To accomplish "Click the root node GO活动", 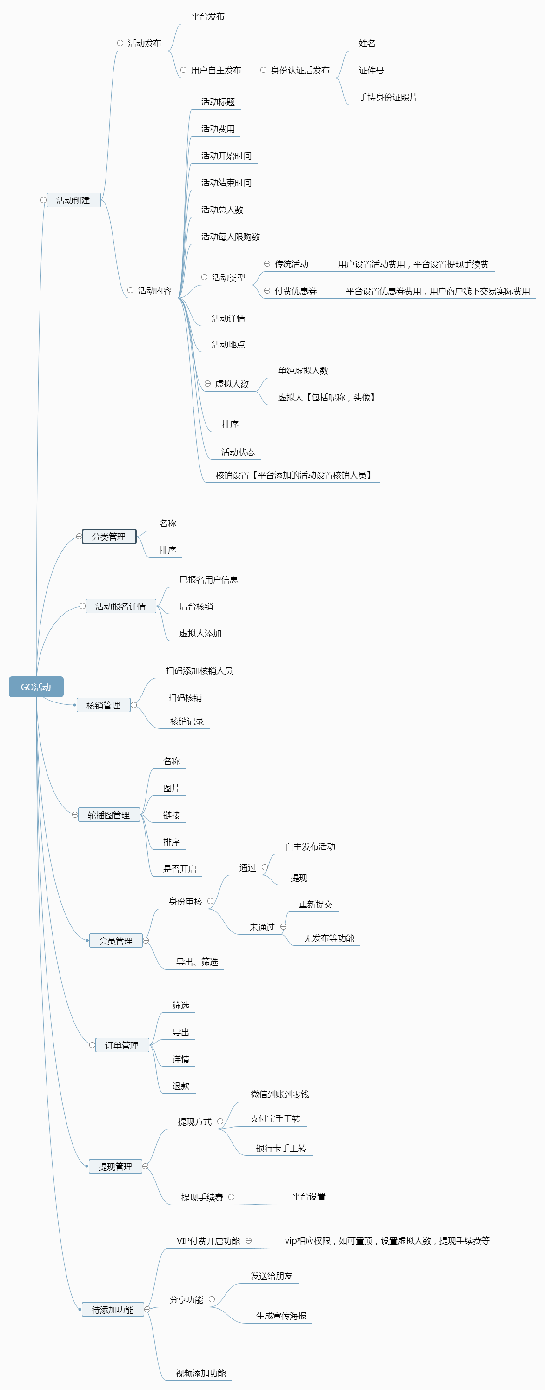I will (x=36, y=687).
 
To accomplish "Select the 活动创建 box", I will (x=73, y=200).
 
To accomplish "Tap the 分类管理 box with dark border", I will (x=108, y=537).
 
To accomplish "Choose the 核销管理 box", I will (x=103, y=705).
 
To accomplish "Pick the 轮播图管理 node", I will (x=108, y=815).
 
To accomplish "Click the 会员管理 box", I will (x=116, y=940).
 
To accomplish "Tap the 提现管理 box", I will (x=115, y=1167).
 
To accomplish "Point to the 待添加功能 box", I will (x=113, y=1310).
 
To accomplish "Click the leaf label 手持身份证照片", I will (x=388, y=98).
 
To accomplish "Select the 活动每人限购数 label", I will (x=231, y=237).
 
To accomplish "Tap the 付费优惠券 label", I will (x=295, y=291).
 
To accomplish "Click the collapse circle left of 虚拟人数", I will (x=207, y=384).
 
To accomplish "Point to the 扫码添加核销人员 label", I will (x=199, y=671).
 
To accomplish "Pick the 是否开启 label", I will (x=180, y=869).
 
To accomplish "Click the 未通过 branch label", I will (x=262, y=927).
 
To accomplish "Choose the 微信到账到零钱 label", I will (x=280, y=1095).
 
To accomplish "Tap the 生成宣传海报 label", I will (x=281, y=1316).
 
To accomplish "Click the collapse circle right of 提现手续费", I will (x=231, y=1197).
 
